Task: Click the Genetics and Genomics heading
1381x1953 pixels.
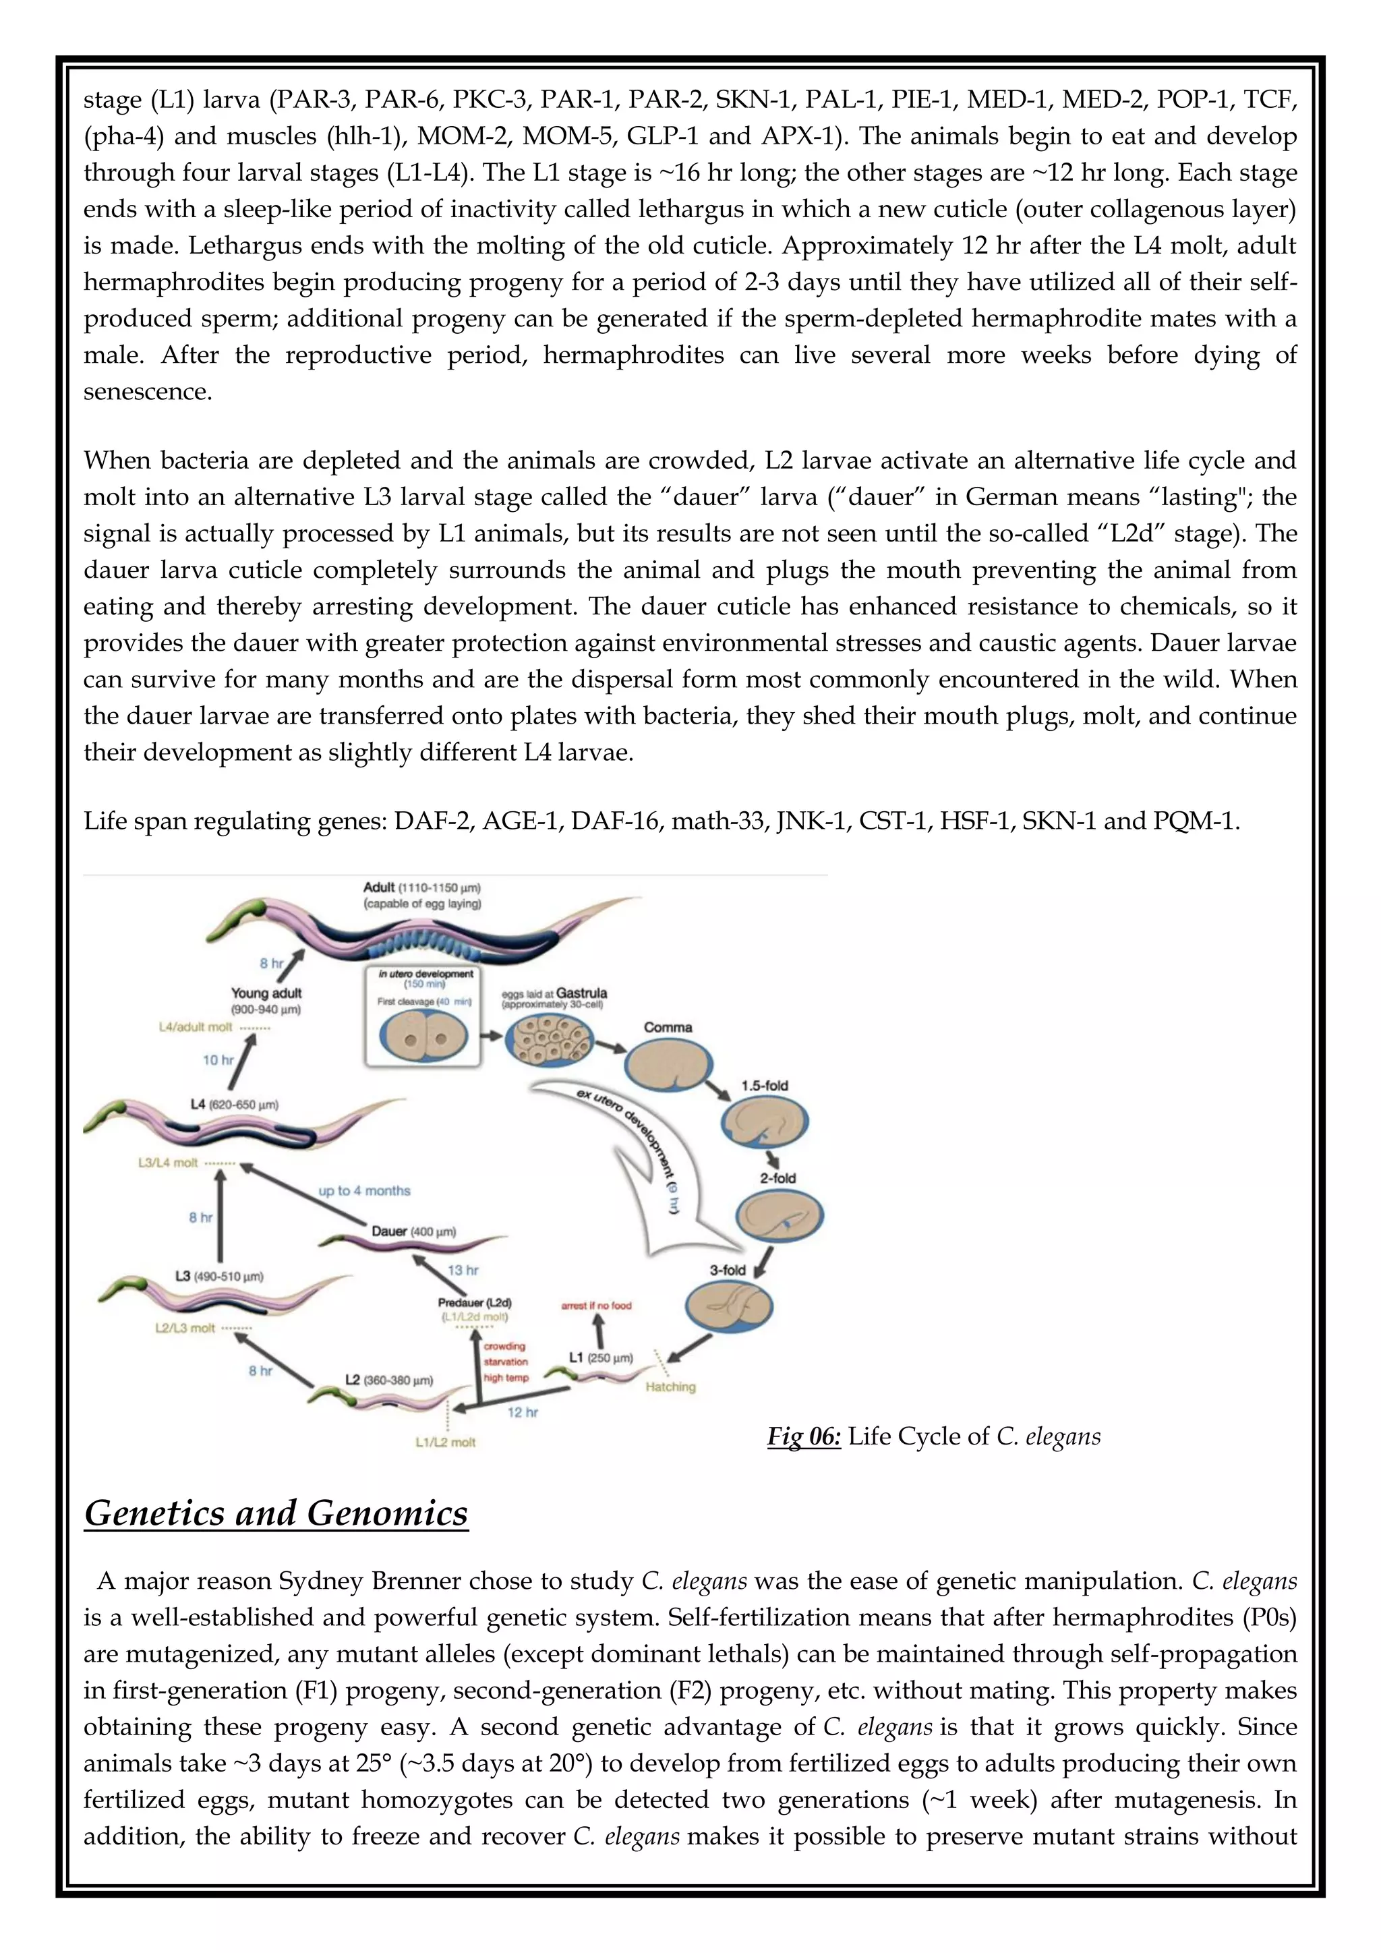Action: pyautogui.click(x=276, y=1513)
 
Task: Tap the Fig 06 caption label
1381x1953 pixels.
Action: pyautogui.click(x=804, y=1436)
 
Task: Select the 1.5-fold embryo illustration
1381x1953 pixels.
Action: pyautogui.click(x=763, y=1124)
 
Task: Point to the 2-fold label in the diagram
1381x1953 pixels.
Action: pyautogui.click(x=777, y=1178)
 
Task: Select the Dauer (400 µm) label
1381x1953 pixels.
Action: pyautogui.click(x=413, y=1231)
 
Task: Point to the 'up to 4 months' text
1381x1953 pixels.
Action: pyautogui.click(x=364, y=1191)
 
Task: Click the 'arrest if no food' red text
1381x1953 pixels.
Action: pyautogui.click(x=596, y=1305)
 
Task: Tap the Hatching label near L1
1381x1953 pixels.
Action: pyautogui.click(x=670, y=1387)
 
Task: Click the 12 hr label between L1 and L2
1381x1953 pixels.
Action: pyautogui.click(x=522, y=1412)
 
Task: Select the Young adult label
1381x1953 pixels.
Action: pyautogui.click(x=266, y=993)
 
